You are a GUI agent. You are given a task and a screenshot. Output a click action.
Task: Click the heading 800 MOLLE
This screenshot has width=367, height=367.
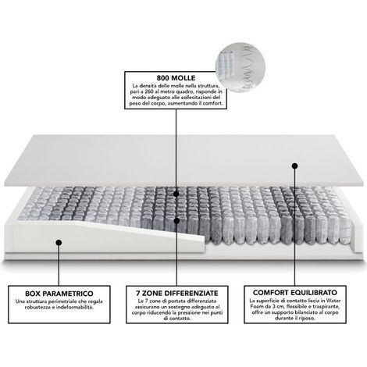click(x=176, y=78)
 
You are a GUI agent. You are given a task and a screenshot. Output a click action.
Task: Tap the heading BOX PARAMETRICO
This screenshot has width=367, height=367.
click(x=59, y=294)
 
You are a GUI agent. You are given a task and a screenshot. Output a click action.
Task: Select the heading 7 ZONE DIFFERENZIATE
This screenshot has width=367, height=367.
click(x=177, y=293)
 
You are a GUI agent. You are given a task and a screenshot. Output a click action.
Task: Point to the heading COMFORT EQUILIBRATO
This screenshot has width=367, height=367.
click(x=295, y=293)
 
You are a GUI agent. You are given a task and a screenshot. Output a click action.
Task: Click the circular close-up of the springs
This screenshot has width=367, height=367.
click(x=240, y=67)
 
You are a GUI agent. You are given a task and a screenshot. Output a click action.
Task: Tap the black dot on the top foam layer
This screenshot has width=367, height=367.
click(x=294, y=166)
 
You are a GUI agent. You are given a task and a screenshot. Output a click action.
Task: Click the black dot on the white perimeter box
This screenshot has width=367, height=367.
click(x=59, y=243)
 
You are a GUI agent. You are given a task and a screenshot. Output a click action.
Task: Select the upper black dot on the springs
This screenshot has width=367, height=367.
click(x=176, y=194)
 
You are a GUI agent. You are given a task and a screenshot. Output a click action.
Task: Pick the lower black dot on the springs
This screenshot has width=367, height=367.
click(x=176, y=221)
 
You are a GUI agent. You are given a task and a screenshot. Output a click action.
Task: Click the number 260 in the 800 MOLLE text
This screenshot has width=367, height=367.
click(x=147, y=91)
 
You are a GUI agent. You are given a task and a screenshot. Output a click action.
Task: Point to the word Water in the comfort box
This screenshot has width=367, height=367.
click(x=333, y=301)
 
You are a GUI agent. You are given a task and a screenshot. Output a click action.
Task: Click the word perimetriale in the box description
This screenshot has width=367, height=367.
click(x=65, y=301)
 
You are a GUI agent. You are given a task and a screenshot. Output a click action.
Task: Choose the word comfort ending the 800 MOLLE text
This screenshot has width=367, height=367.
click(x=214, y=103)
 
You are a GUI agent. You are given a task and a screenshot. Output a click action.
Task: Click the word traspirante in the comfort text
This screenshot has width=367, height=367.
click(x=327, y=306)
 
